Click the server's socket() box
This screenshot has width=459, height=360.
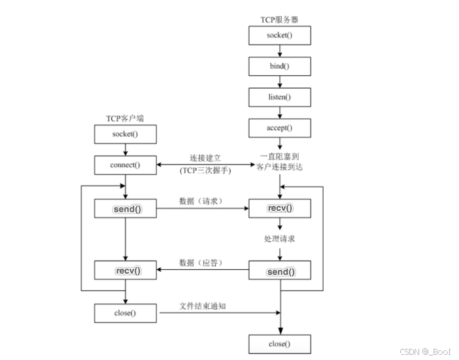click(279, 35)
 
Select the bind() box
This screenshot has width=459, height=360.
click(279, 66)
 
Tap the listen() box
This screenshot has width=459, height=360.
click(279, 97)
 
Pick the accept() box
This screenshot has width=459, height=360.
click(279, 128)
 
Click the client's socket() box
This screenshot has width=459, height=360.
click(126, 135)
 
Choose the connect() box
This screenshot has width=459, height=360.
click(126, 165)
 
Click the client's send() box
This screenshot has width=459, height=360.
click(126, 208)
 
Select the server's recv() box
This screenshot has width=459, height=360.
click(279, 208)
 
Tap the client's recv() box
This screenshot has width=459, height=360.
click(126, 270)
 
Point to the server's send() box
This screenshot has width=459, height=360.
click(279, 270)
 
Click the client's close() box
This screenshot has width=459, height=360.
click(126, 313)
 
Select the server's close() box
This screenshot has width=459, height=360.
click(279, 344)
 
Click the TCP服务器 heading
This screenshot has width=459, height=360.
click(279, 19)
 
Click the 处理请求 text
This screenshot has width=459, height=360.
click(279, 239)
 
